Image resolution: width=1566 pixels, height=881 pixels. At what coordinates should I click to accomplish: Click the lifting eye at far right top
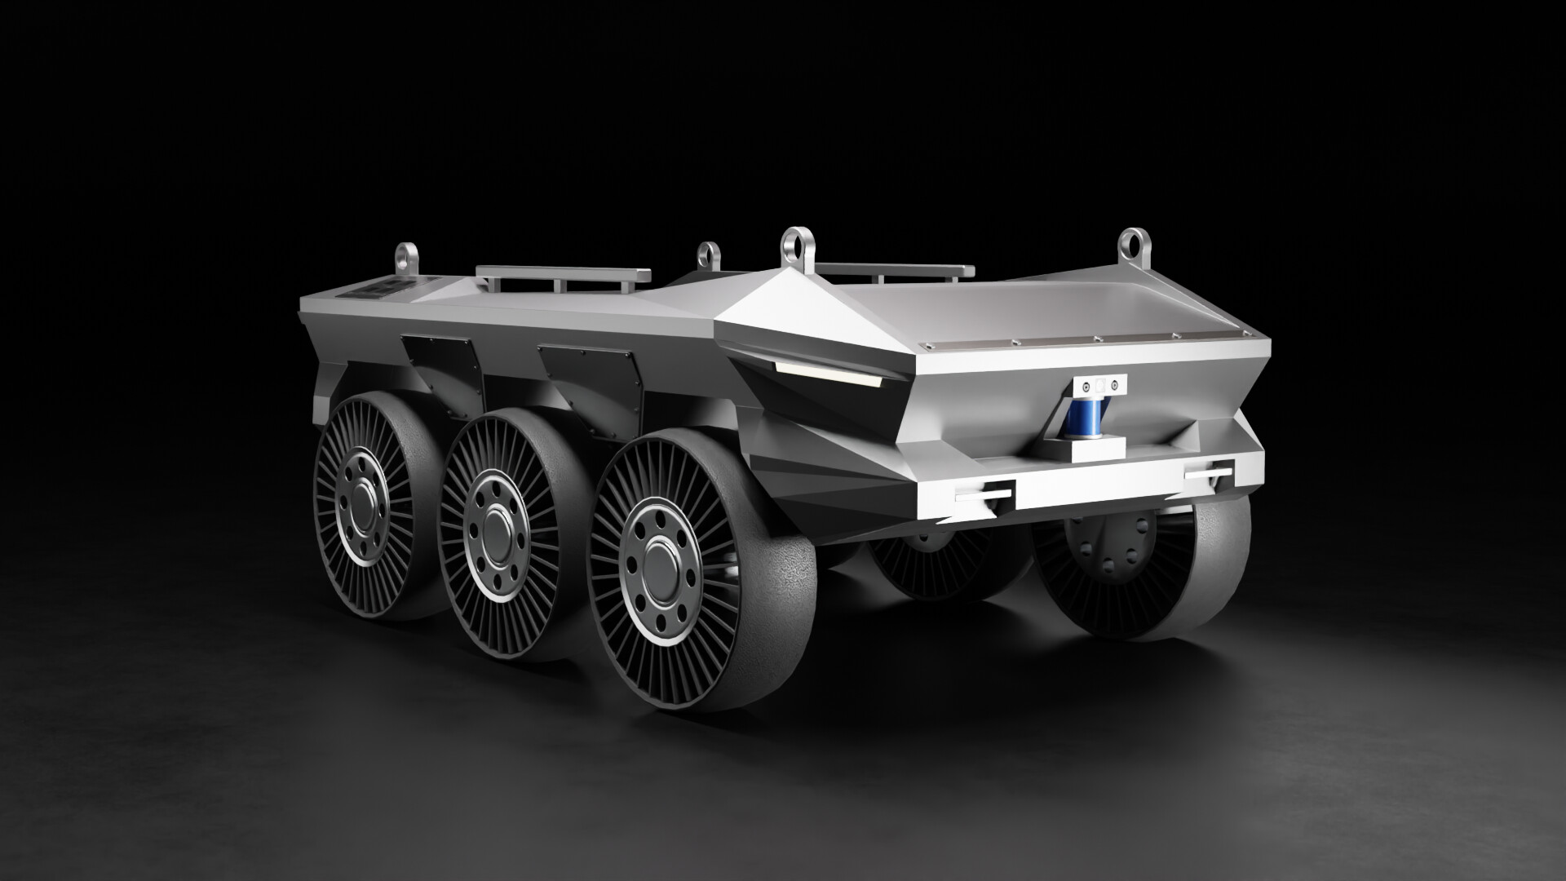pos(1131,242)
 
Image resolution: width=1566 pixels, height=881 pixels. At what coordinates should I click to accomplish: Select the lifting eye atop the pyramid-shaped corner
pos(793,242)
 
